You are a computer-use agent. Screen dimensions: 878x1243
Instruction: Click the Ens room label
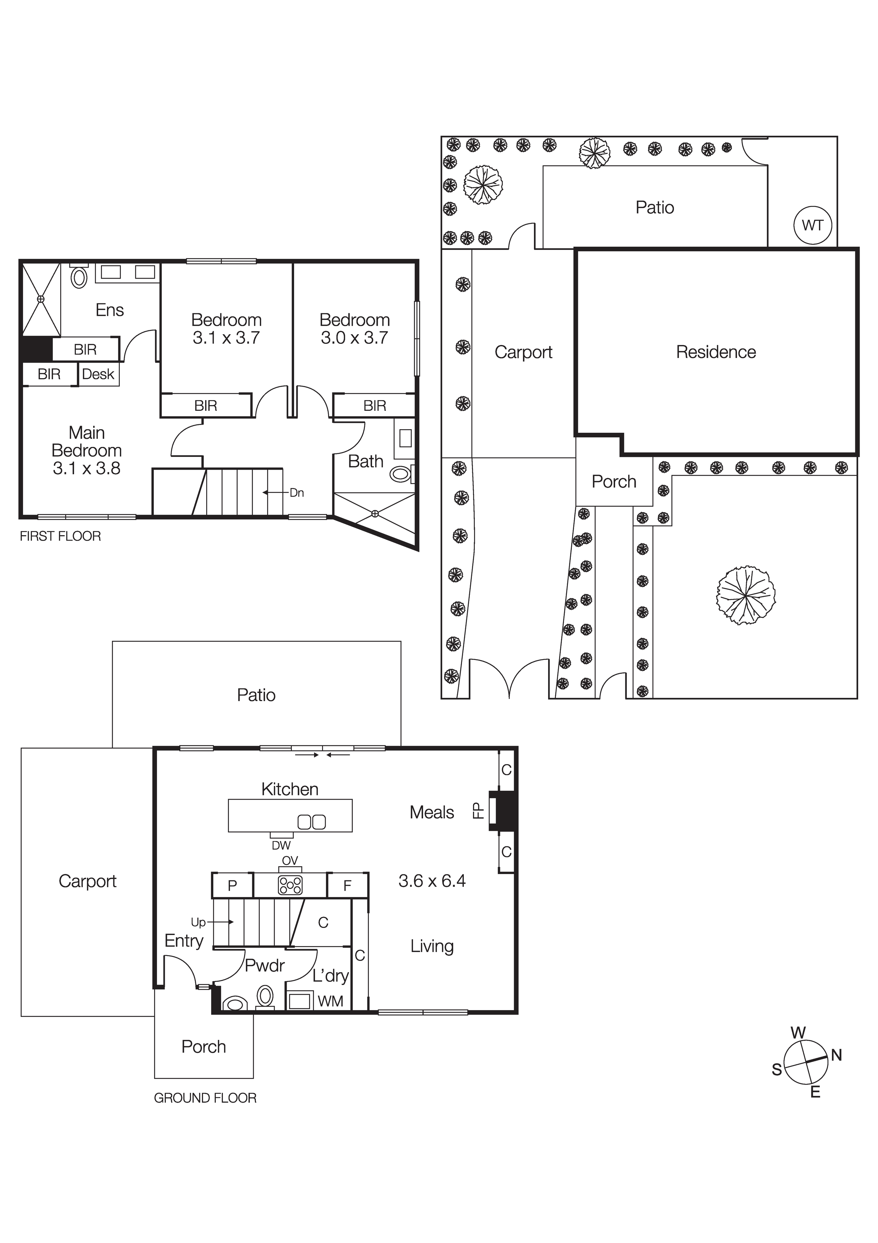[x=110, y=310]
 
